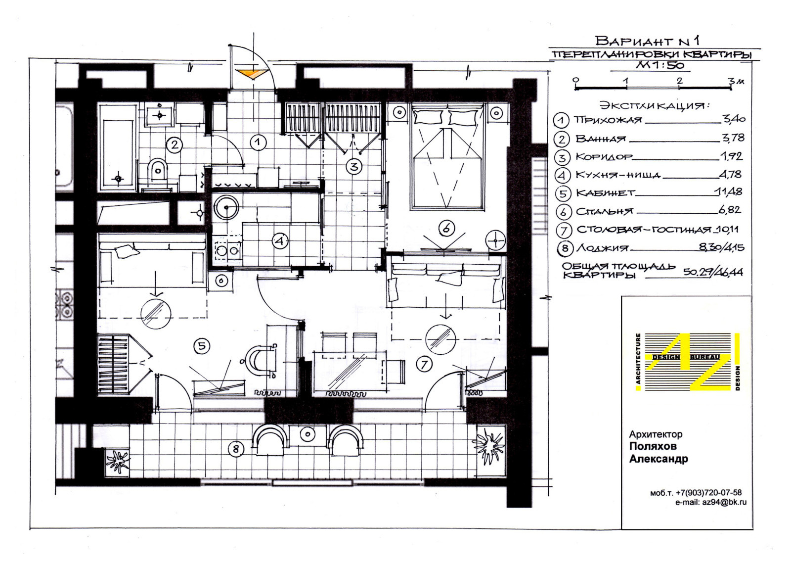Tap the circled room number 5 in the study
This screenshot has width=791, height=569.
[x=202, y=346]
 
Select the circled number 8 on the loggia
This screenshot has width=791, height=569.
[x=236, y=449]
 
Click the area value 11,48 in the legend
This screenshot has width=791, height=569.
[x=729, y=192]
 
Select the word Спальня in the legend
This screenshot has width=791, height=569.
[x=605, y=211]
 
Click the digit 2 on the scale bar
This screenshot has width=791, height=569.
[x=679, y=81]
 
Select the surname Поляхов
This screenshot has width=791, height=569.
[x=653, y=446]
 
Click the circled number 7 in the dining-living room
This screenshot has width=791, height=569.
[x=424, y=364]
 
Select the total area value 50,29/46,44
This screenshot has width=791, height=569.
[x=713, y=272]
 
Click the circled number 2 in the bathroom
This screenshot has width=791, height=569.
[x=174, y=144]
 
